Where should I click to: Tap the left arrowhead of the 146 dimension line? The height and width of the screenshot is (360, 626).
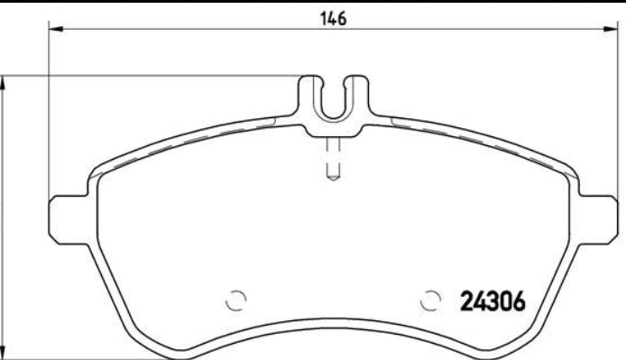(53, 31)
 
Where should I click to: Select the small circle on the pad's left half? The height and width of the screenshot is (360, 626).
(236, 300)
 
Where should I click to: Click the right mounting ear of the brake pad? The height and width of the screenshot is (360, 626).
(603, 217)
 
